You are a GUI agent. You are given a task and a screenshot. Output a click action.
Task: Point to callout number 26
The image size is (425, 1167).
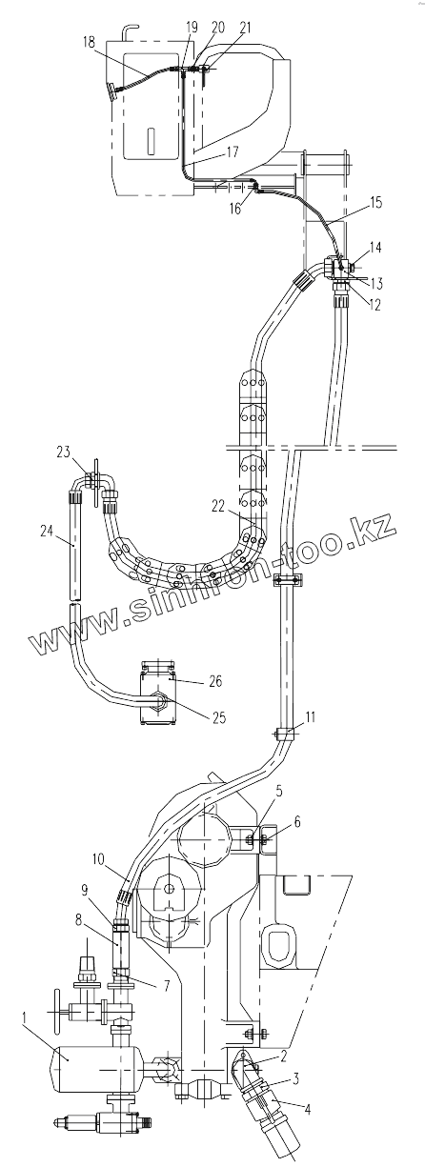click(x=214, y=681)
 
